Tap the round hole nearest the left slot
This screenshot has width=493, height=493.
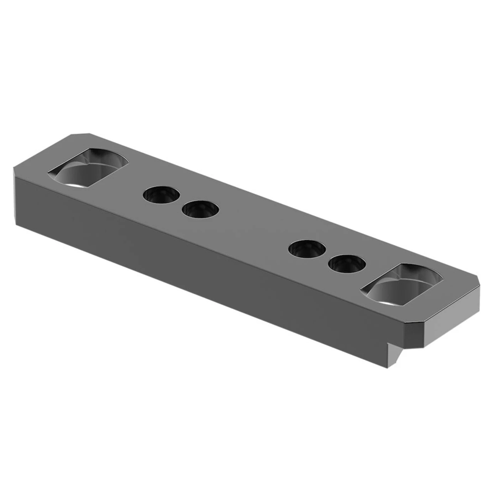pyautogui.click(x=161, y=195)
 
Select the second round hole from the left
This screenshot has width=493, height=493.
pyautogui.click(x=200, y=210)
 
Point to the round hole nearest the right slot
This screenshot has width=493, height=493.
pyautogui.click(x=347, y=264)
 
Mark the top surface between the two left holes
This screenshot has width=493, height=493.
pyautogui.click(x=181, y=203)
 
